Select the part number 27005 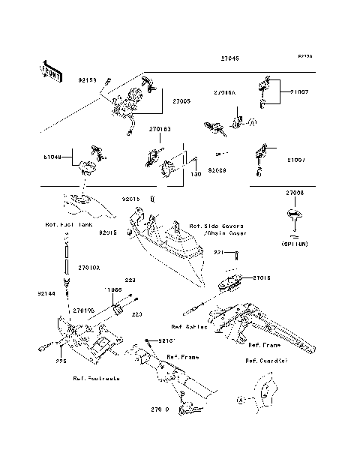tap(183, 100)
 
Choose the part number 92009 tap(218, 170)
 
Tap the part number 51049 tap(53, 157)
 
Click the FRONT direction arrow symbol tap(51, 70)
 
